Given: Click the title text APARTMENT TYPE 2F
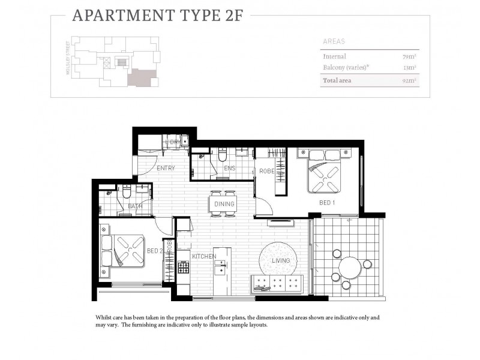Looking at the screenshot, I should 157,16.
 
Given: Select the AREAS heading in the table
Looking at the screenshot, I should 333,42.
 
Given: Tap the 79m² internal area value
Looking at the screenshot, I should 410,56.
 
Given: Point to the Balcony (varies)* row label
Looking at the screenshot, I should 345,67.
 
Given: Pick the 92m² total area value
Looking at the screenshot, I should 410,80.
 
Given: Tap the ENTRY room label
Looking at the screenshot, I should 166,168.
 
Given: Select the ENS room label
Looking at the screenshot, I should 230,169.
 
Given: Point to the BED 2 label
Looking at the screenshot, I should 154,251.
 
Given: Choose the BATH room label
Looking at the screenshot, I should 134,206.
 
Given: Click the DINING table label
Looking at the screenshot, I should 224,204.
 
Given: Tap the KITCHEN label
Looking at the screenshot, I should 203,256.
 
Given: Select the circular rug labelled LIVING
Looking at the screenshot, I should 277,260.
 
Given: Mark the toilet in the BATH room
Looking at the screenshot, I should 127,193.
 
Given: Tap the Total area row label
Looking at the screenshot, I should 337,80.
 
